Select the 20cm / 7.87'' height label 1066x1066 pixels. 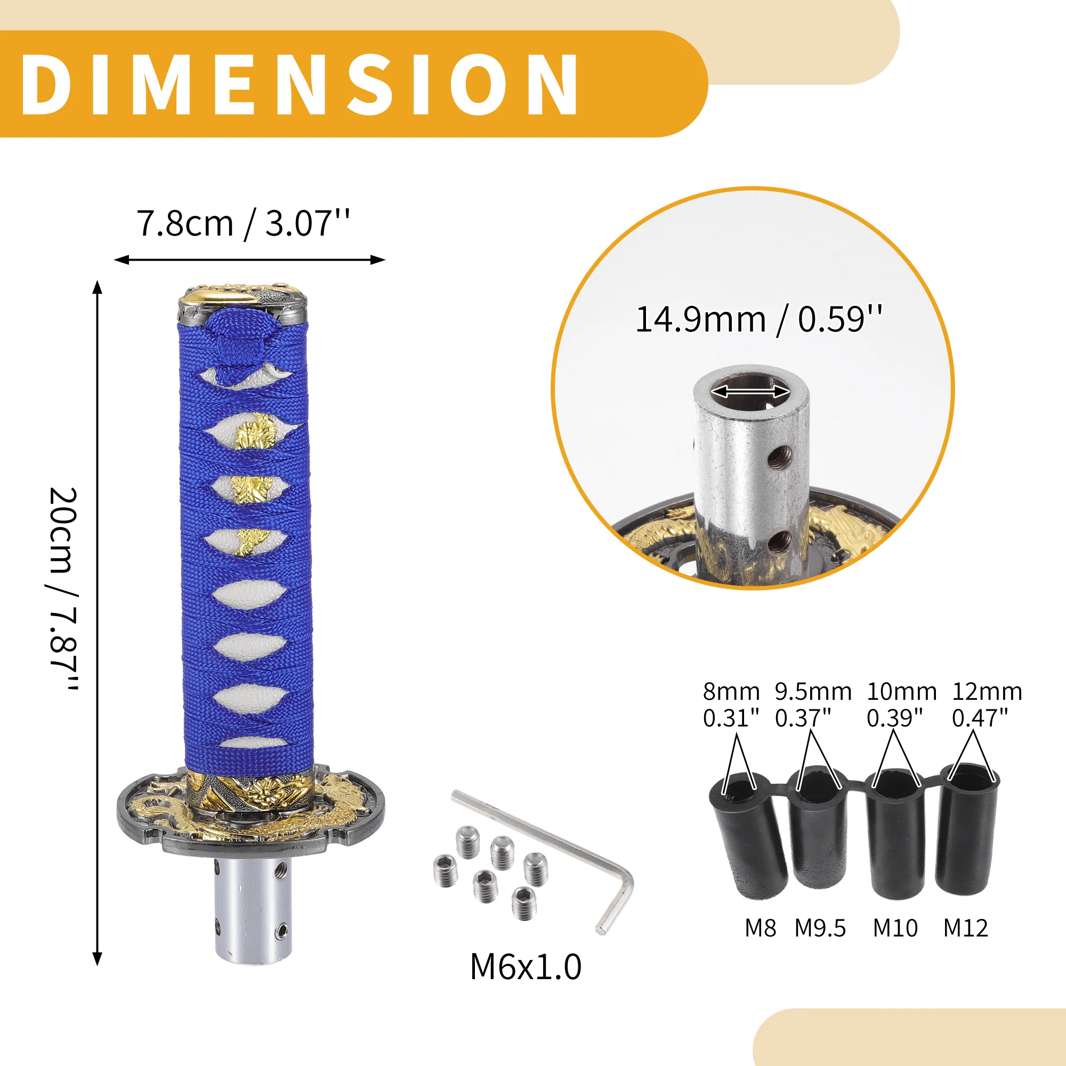tap(63, 588)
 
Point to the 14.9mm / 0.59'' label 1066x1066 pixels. tap(758, 319)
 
